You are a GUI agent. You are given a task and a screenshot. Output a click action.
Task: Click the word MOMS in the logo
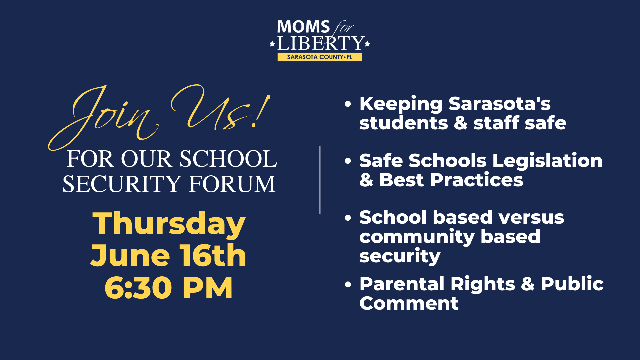pos(303,27)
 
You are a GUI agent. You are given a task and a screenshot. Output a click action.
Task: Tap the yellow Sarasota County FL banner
pos(320,57)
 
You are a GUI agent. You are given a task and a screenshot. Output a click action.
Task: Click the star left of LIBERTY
pos(272,44)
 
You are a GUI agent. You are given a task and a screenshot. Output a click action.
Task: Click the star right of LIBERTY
pos(367,44)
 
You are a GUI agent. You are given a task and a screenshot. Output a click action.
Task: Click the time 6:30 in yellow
pos(138,288)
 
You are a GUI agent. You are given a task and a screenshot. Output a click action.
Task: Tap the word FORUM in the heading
pos(232,184)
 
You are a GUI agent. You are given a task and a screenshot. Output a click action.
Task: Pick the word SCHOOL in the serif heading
pos(228,159)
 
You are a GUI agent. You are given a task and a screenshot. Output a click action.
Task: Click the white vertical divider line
pos(320,180)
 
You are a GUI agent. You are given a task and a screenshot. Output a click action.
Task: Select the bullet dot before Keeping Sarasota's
pos(348,104)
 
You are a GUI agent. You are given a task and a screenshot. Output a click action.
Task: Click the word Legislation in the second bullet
pos(548,161)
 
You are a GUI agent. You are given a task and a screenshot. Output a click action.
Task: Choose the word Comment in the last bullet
pos(409,303)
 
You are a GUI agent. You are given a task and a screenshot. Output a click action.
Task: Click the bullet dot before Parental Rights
pos(348,284)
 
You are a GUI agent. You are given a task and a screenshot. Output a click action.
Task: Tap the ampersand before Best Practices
pos(366,180)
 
